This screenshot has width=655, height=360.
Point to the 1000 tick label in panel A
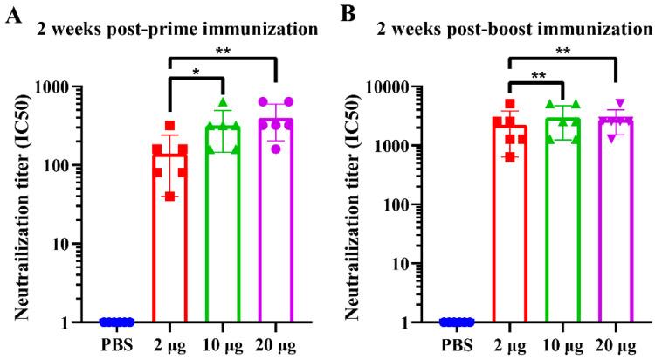[68, 87]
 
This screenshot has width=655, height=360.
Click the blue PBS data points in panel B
[456, 321]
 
